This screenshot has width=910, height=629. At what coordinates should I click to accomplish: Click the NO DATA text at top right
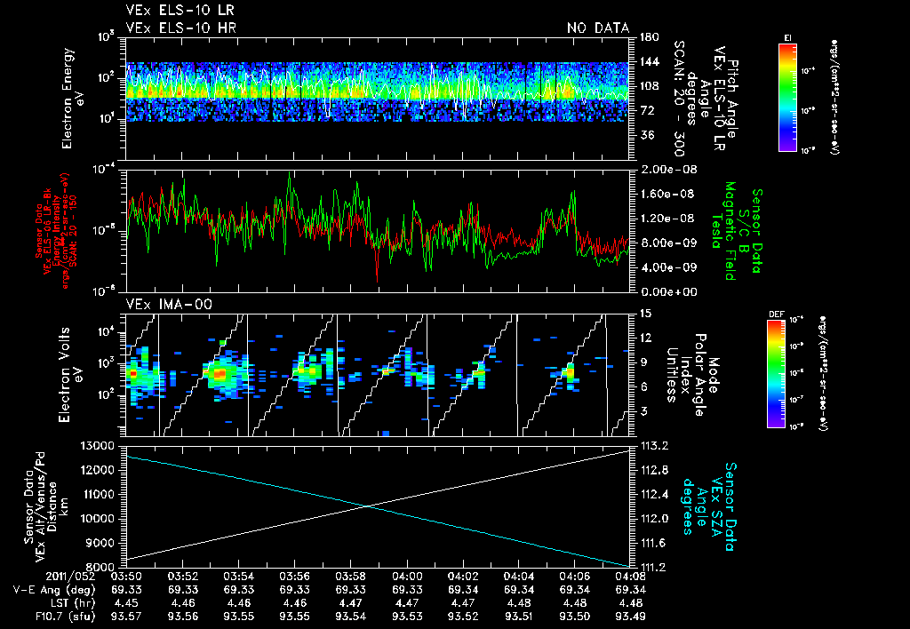pyautogui.click(x=597, y=28)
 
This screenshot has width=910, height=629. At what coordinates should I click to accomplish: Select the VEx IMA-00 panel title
pyautogui.click(x=162, y=304)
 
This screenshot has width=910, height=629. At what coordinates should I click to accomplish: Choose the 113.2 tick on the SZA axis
pyautogui.click(x=656, y=445)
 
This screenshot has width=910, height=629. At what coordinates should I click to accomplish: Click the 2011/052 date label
pyautogui.click(x=36, y=577)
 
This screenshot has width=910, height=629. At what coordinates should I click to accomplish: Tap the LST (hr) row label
pyautogui.click(x=46, y=603)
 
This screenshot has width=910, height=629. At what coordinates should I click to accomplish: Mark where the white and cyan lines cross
pyautogui.click(x=367, y=506)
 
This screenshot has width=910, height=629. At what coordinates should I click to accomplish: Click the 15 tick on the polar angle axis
pyautogui.click(x=645, y=314)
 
